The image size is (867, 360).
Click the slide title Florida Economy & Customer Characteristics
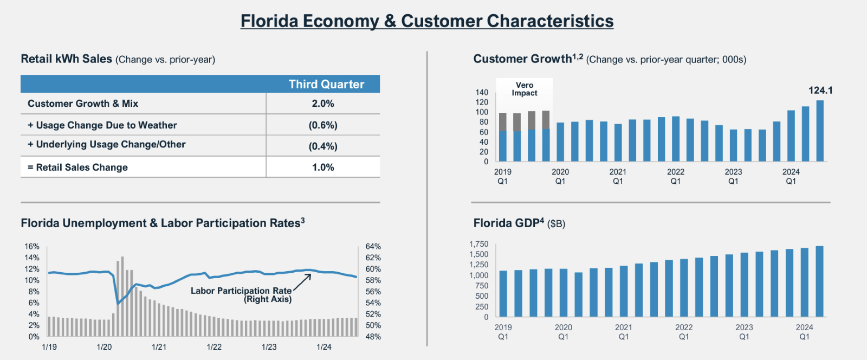point(427,21)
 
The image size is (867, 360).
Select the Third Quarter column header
point(326,84)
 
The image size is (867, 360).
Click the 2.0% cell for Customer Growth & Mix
point(323,104)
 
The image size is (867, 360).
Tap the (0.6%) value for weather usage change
point(323,125)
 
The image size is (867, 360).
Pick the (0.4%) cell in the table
point(323,146)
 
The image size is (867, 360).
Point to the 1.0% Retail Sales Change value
point(323,168)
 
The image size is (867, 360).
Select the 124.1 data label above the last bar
point(820,91)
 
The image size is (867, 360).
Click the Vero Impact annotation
point(525,89)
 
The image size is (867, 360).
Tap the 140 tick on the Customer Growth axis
point(482,92)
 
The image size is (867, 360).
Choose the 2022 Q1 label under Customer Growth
point(676,176)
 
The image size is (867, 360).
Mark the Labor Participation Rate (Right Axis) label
point(241,295)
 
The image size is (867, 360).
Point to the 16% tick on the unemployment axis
point(32,246)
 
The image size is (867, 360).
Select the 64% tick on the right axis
point(373,246)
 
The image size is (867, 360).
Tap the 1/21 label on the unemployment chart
point(159,347)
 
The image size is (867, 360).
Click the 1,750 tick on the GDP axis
point(478,244)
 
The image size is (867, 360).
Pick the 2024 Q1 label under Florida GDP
point(804,332)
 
